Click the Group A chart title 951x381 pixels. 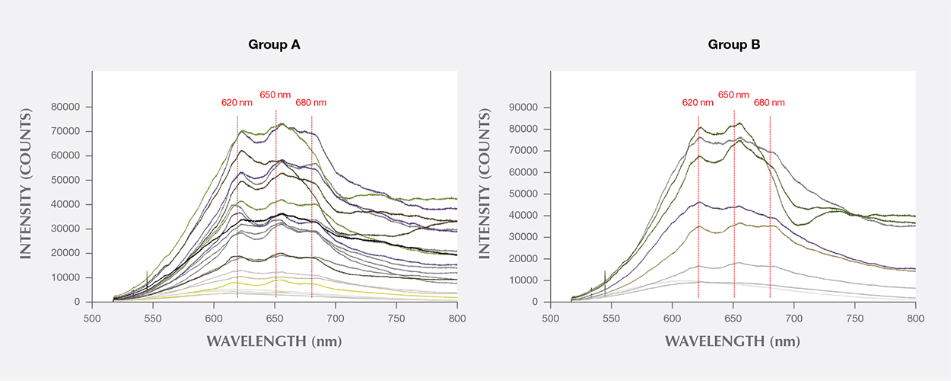coord(274,44)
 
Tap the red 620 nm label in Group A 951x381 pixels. coord(237,102)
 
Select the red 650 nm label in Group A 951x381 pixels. coord(275,95)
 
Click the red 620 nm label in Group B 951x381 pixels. coord(697,102)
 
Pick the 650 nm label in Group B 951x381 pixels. coord(733,95)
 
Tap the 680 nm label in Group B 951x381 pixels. coord(769,102)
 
